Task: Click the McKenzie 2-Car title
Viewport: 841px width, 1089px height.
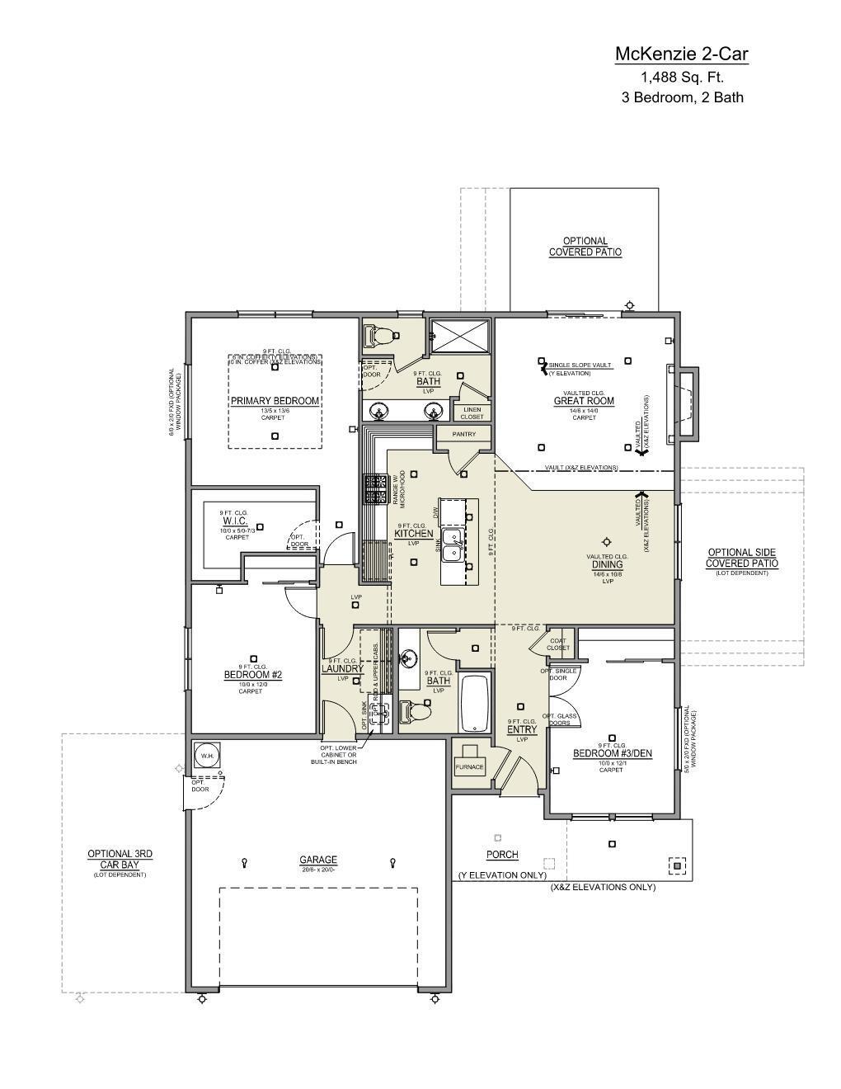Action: click(682, 54)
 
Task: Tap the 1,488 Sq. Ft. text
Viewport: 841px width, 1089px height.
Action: click(682, 78)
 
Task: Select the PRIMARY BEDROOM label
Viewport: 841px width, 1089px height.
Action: click(275, 401)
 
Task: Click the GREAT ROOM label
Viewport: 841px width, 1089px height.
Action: click(584, 401)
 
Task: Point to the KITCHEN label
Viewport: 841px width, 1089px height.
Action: click(413, 534)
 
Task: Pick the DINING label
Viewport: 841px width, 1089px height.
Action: click(607, 565)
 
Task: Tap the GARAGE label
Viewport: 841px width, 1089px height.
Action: click(318, 860)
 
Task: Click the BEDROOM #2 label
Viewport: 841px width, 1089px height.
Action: click(253, 675)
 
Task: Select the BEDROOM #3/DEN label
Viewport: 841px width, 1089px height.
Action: click(612, 753)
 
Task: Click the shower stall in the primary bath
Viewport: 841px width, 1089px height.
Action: click(461, 337)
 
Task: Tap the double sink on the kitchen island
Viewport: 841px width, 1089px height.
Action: click(452, 545)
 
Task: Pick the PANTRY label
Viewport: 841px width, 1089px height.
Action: click(464, 434)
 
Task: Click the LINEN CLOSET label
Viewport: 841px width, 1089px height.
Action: click(472, 412)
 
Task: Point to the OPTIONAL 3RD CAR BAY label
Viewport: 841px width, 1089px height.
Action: click(120, 859)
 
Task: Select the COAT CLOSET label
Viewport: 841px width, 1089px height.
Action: click(558, 643)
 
